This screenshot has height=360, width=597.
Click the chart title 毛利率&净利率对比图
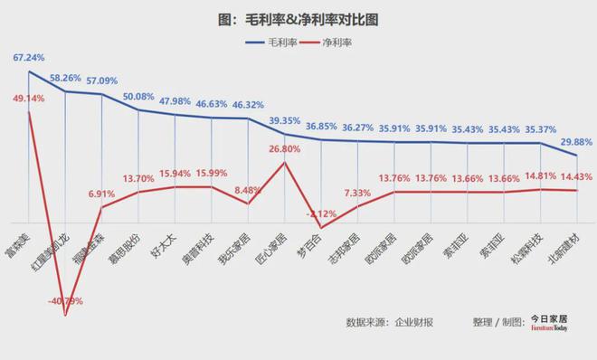[x=298, y=18]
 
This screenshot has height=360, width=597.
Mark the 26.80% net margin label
[x=285, y=148]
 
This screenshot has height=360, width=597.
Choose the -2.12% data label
[x=322, y=213]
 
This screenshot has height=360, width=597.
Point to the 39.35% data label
[x=285, y=120]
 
